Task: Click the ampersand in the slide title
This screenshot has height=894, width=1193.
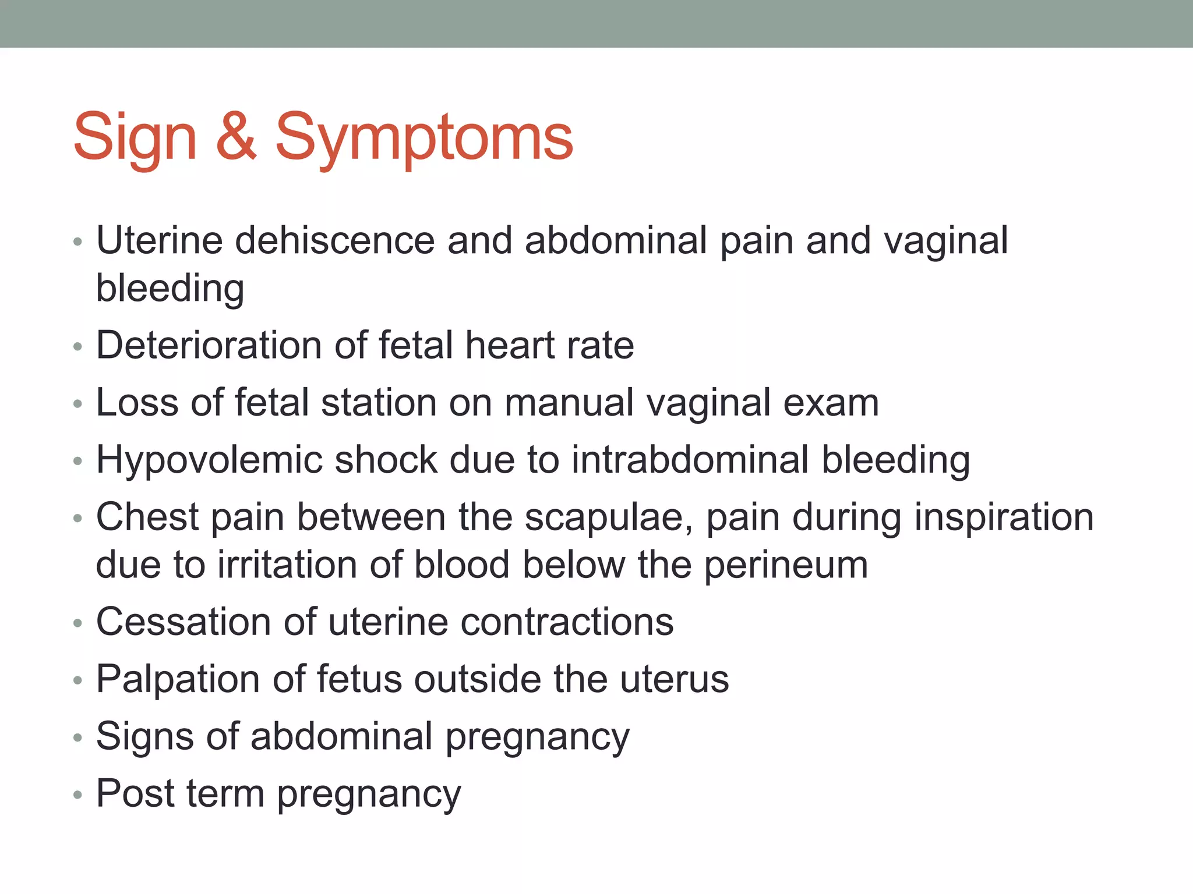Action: point(236,137)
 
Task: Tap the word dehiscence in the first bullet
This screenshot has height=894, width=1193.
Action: point(334,240)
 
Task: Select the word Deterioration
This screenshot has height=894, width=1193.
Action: point(209,345)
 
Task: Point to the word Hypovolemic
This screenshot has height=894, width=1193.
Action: point(209,460)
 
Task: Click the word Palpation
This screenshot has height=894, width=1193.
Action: point(178,679)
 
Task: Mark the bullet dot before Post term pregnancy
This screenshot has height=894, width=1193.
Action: point(78,795)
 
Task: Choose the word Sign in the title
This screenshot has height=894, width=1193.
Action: point(135,137)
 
